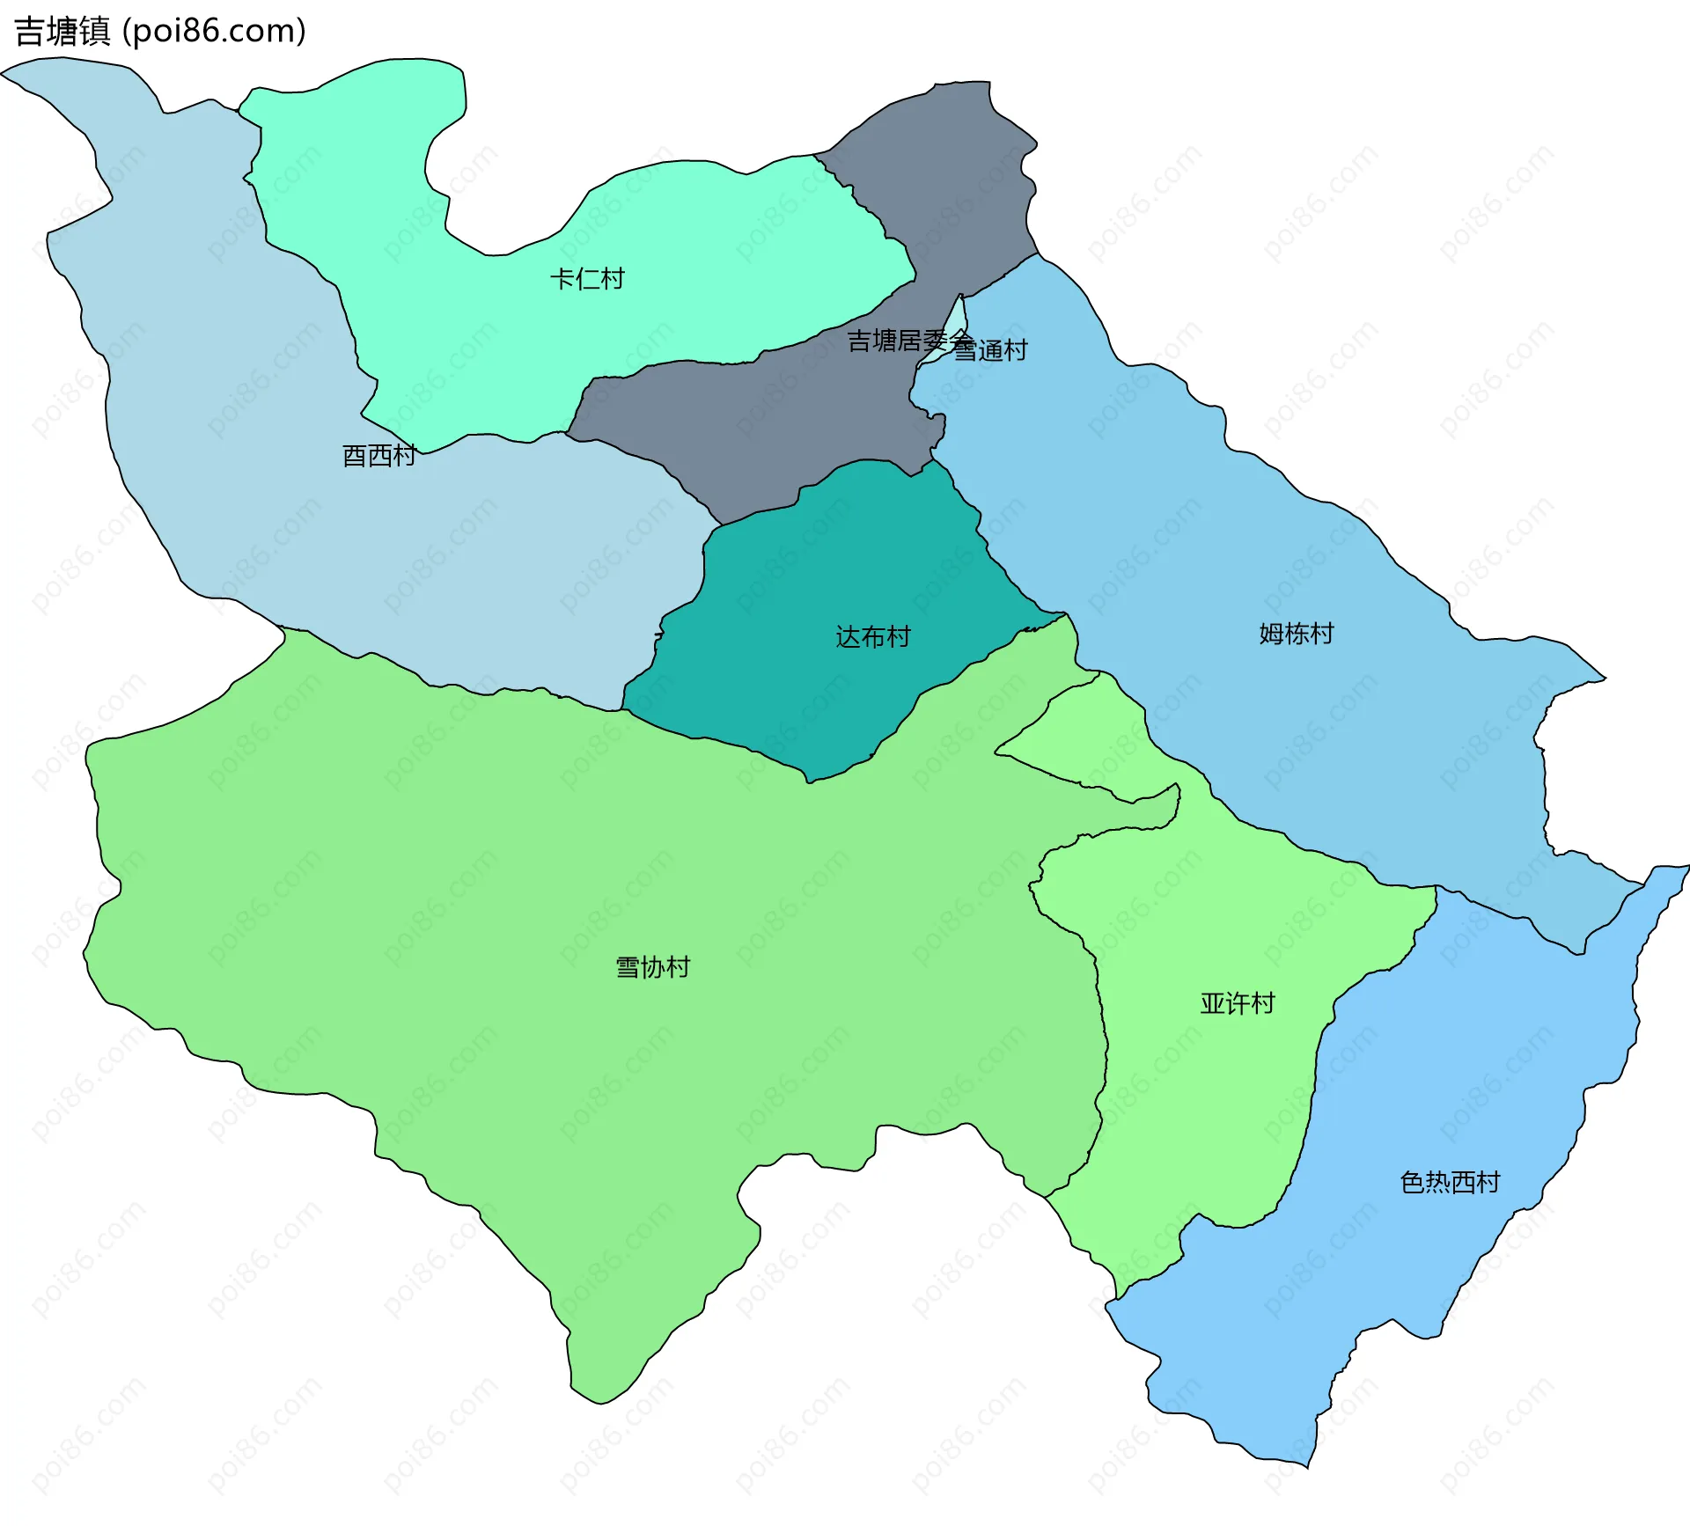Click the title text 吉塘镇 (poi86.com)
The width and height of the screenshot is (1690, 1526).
(160, 32)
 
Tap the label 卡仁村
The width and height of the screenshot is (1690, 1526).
(587, 279)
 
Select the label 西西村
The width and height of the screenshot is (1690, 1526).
(378, 456)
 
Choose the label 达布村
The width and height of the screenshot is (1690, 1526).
(872, 636)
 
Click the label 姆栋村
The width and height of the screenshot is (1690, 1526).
(1296, 633)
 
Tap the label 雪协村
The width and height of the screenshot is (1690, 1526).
(652, 967)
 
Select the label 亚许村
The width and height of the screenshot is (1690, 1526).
(1237, 1003)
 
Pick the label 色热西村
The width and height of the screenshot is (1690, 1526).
(1450, 1182)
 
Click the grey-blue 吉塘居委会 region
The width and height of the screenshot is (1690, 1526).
(775, 422)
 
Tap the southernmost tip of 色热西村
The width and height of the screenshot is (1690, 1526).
(1307, 1466)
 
